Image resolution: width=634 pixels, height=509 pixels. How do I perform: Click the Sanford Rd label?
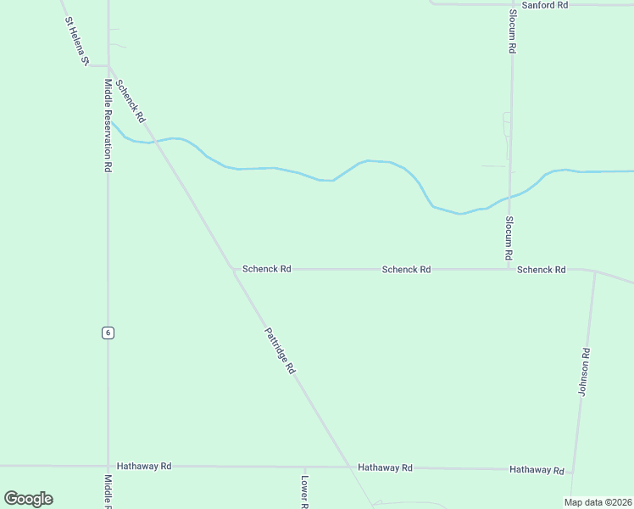[544, 5]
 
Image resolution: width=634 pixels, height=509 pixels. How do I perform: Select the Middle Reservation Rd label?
[108, 126]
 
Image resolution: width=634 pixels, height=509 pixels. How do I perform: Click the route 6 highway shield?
[108, 333]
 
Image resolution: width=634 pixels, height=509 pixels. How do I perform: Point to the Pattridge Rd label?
[279, 350]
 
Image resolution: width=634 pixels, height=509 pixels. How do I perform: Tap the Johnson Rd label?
[583, 372]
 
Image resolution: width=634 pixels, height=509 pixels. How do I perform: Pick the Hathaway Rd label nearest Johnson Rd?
[537, 470]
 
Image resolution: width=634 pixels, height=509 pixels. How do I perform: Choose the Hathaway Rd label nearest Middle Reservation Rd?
[144, 467]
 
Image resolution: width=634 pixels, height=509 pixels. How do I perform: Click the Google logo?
[28, 499]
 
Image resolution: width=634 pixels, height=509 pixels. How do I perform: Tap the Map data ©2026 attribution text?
[598, 502]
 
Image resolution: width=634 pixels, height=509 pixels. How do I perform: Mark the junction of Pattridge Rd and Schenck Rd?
[234, 269]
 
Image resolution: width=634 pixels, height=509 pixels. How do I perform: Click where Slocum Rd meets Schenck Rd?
[509, 269]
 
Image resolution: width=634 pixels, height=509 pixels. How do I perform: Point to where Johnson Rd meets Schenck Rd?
[595, 272]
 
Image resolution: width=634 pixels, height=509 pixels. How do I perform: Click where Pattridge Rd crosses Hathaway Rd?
[349, 467]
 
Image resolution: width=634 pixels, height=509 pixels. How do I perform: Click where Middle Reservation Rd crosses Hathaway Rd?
[108, 466]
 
